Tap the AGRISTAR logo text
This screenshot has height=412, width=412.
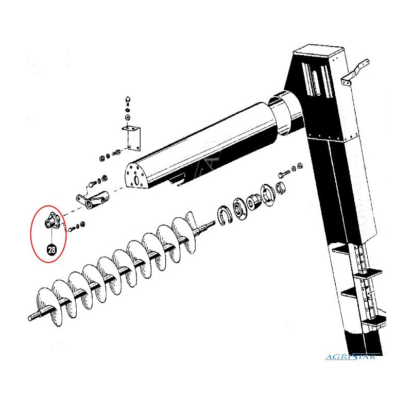pyautogui.click(x=351, y=357)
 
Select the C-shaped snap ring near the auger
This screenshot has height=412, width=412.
pyautogui.click(x=224, y=215)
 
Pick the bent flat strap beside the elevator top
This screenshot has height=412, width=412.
pyautogui.click(x=355, y=72)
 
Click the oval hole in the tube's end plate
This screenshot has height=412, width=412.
pyautogui.click(x=136, y=181)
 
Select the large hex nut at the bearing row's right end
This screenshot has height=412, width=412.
pyautogui.click(x=280, y=188)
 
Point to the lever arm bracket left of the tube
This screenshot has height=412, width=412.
pyautogui.click(x=93, y=200)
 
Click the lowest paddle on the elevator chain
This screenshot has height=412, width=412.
pyautogui.click(x=373, y=323)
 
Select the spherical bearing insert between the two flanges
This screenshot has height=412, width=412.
pyautogui.click(x=254, y=202)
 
